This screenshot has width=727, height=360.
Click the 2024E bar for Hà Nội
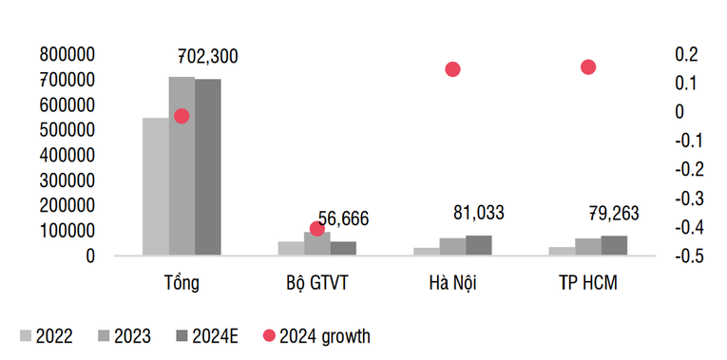(x=479, y=245)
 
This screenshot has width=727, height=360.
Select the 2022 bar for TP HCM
(x=562, y=251)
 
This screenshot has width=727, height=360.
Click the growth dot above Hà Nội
(x=452, y=69)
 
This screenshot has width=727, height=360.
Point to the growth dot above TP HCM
(x=588, y=67)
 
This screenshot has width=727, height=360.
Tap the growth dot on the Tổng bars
(x=182, y=116)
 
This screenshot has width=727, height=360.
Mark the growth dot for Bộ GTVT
(x=317, y=229)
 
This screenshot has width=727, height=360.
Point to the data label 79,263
(x=615, y=215)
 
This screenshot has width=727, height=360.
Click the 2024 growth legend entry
(x=317, y=335)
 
